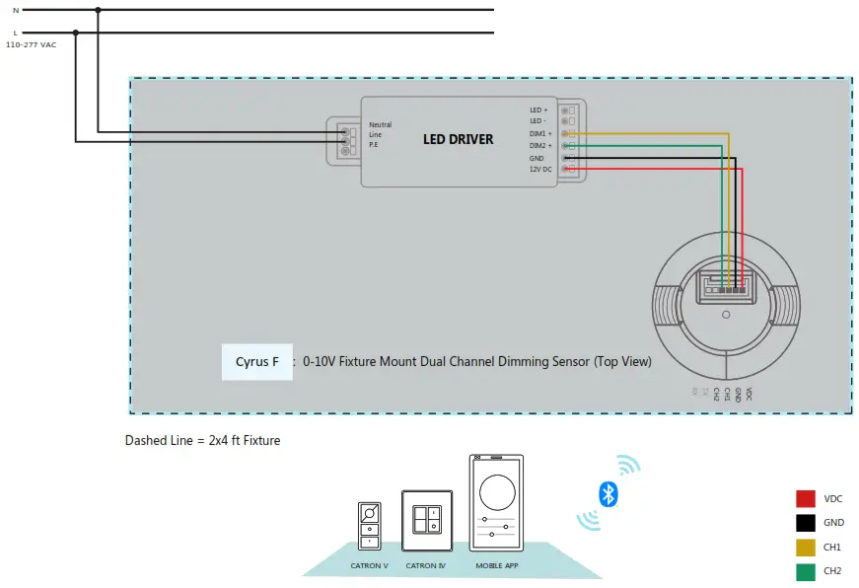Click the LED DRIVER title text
click(x=458, y=139)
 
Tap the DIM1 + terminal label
click(x=538, y=133)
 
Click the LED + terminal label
click(x=537, y=110)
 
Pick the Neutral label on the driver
click(x=380, y=125)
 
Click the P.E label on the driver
click(x=374, y=145)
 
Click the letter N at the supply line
click(x=15, y=10)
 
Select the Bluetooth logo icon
click(x=608, y=493)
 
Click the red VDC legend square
click(x=806, y=499)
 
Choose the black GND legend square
click(x=806, y=523)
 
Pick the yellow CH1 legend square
click(x=806, y=547)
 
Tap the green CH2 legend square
click(x=806, y=569)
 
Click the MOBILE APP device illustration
click(x=496, y=503)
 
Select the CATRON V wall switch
click(x=370, y=526)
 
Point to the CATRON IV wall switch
click(x=427, y=521)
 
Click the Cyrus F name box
click(x=257, y=362)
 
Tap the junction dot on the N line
click(x=98, y=11)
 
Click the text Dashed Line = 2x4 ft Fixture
click(x=202, y=440)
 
